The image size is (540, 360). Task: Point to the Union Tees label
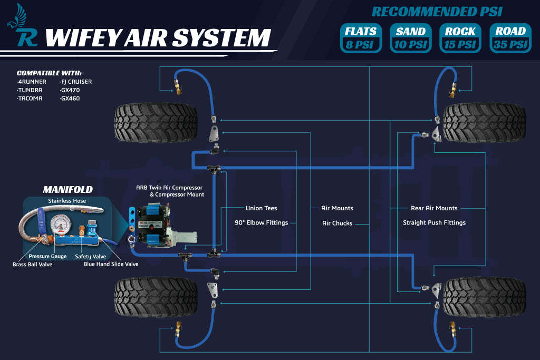coord(261,208)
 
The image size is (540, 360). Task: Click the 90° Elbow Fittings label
coord(261,222)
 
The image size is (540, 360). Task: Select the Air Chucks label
coord(337,223)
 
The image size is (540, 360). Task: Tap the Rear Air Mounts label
coord(434,208)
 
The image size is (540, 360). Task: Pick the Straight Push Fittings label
coord(434,222)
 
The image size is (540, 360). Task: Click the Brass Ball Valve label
coord(33,264)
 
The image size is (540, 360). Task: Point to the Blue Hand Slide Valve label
coord(111,264)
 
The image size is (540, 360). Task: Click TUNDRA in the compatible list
coord(30,90)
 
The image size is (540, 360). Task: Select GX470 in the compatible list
coord(70,90)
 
